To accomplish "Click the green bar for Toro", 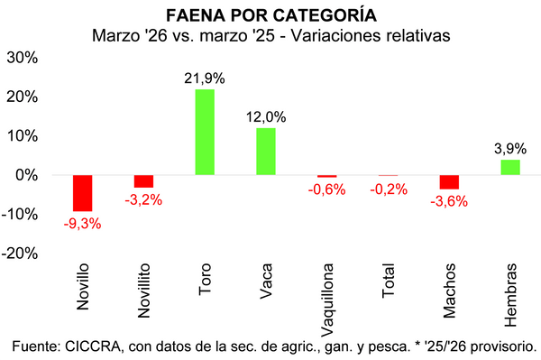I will click(205, 132).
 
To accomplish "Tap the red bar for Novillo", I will click(83, 193).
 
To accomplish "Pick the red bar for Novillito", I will click(143, 181).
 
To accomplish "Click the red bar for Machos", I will click(449, 182).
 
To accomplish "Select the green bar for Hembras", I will click(510, 167).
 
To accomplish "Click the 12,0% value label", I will click(266, 117).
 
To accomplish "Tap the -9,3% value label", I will click(83, 223).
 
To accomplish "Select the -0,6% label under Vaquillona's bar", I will click(327, 189).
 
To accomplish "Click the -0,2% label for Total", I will click(388, 189).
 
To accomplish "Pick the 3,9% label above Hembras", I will click(510, 149).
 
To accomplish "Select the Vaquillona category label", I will click(327, 300).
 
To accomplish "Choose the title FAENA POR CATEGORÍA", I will click(271, 16).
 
